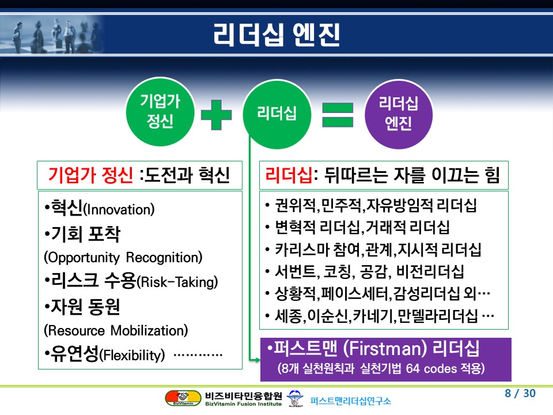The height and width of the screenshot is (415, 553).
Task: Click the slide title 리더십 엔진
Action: pos(276,35)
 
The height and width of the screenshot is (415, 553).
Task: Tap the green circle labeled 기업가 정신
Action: pos(160,111)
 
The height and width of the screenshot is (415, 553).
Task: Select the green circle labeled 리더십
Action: pos(277,114)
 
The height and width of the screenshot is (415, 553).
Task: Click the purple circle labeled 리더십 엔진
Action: pos(399,114)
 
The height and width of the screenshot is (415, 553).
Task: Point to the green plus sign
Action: pos(216,115)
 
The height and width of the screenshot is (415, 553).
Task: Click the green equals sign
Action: pos(338,115)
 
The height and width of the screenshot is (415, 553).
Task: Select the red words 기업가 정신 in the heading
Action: pos(90,175)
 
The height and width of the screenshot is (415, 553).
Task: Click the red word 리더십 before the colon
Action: pos(289,175)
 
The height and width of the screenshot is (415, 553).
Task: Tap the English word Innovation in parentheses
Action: pos(119,210)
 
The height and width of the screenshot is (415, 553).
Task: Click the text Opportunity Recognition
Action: pos(123,258)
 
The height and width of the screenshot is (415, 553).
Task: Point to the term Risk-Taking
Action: pos(177,282)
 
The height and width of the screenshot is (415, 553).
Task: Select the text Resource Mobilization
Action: pos(116,331)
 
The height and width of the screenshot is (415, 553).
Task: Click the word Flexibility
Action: pos(132,355)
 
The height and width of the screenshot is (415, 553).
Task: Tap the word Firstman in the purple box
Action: pos(385,349)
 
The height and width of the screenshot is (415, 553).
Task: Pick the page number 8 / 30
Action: pos(520,393)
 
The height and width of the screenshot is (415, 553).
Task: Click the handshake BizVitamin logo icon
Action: pos(183,398)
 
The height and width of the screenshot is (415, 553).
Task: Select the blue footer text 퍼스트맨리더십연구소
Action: pos(351,401)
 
